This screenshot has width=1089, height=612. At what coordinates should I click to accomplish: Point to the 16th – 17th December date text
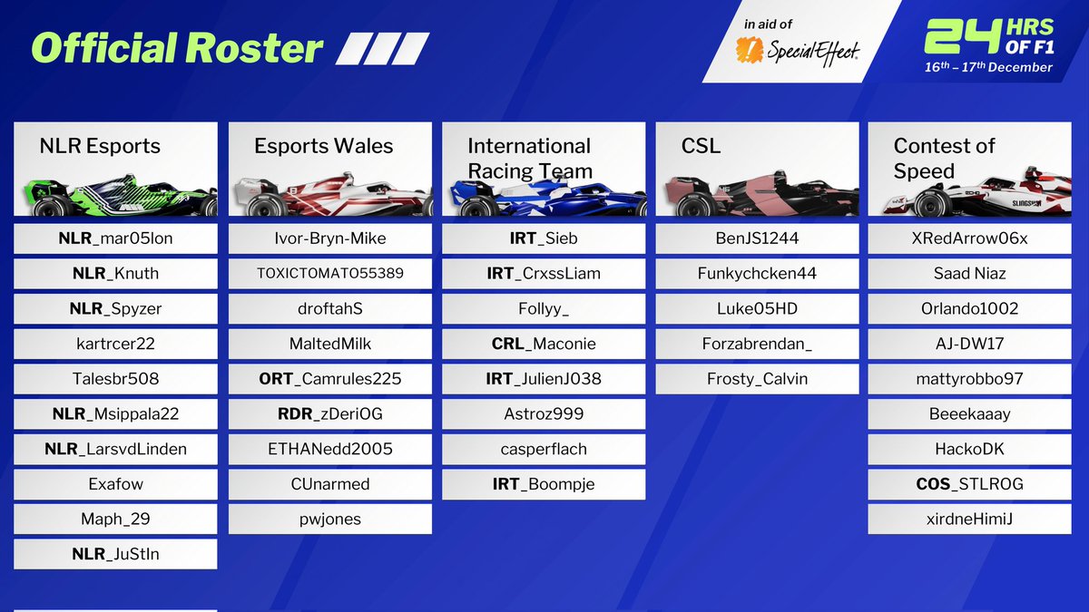coord(988,67)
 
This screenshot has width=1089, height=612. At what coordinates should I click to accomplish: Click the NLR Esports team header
coord(100,146)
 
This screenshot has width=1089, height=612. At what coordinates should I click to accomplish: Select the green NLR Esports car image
coord(116,193)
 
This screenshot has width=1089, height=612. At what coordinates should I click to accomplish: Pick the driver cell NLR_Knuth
coord(115,274)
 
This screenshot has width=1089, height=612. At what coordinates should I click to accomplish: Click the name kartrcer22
coord(115,344)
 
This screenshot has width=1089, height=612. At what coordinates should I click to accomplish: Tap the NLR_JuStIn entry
coord(115,554)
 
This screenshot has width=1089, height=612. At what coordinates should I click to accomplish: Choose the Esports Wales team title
coord(324,146)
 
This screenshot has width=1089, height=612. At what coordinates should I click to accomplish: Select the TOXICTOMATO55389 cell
coord(329,274)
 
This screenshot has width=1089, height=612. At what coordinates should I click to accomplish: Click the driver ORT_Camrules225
coord(329,379)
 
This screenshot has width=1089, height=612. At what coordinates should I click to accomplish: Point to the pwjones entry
coord(329,520)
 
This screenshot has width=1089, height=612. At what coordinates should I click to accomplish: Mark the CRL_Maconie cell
coord(544,344)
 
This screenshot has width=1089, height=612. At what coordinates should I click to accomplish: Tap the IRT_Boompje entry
coord(544,484)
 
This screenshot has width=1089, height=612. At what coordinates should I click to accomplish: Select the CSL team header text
coord(701,146)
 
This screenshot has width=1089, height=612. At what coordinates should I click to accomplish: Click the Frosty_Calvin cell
coord(757,379)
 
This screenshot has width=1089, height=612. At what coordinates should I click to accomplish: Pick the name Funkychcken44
coord(757,274)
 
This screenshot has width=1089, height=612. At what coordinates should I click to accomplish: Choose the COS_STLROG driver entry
coord(971,484)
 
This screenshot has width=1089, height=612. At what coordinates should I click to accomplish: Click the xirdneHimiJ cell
coord(971,520)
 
